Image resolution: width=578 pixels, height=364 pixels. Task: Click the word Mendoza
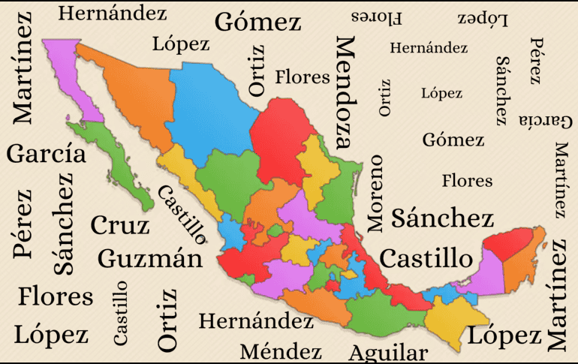343,92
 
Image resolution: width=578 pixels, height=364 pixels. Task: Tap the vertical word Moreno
375,193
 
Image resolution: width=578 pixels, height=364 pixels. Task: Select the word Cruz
120,224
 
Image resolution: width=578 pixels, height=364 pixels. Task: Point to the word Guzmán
150,259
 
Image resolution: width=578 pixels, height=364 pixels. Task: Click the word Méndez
281,351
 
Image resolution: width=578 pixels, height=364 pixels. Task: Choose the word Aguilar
388,353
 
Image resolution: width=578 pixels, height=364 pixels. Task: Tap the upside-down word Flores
377,17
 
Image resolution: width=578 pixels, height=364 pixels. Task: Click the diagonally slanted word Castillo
182,215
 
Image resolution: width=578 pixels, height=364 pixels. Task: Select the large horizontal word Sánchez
443,218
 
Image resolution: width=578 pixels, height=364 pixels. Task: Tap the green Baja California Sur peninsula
120,169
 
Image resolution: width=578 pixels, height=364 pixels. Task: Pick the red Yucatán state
510,244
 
